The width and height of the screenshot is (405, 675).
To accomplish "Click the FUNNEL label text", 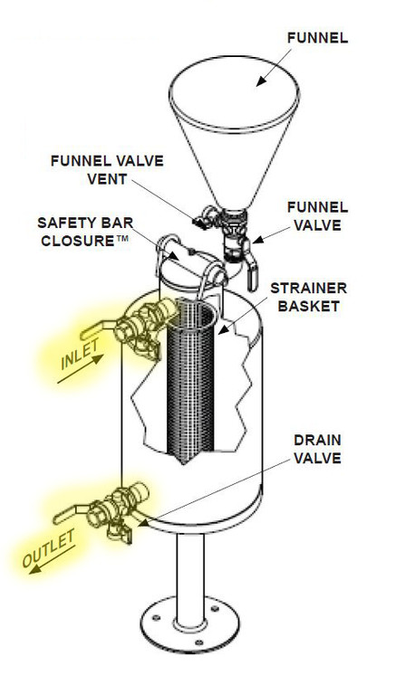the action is (317, 38).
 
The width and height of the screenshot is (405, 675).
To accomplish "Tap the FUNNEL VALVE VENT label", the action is (107, 169).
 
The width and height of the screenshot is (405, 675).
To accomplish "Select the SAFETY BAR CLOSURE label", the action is (85, 232).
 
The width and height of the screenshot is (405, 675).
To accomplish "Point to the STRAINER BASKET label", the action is (308, 297).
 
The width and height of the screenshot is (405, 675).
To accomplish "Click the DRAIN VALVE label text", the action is (317, 449).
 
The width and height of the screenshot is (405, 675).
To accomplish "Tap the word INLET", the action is (80, 354).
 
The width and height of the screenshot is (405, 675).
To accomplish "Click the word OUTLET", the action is (48, 548).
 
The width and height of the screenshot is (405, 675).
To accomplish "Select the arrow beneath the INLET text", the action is (81, 368).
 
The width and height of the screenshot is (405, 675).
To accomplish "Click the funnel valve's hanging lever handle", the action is (251, 278).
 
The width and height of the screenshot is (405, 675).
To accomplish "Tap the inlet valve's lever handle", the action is (97, 328).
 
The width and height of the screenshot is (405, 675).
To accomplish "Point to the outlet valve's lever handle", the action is (70, 514).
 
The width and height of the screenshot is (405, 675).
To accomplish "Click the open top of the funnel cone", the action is (234, 91).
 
